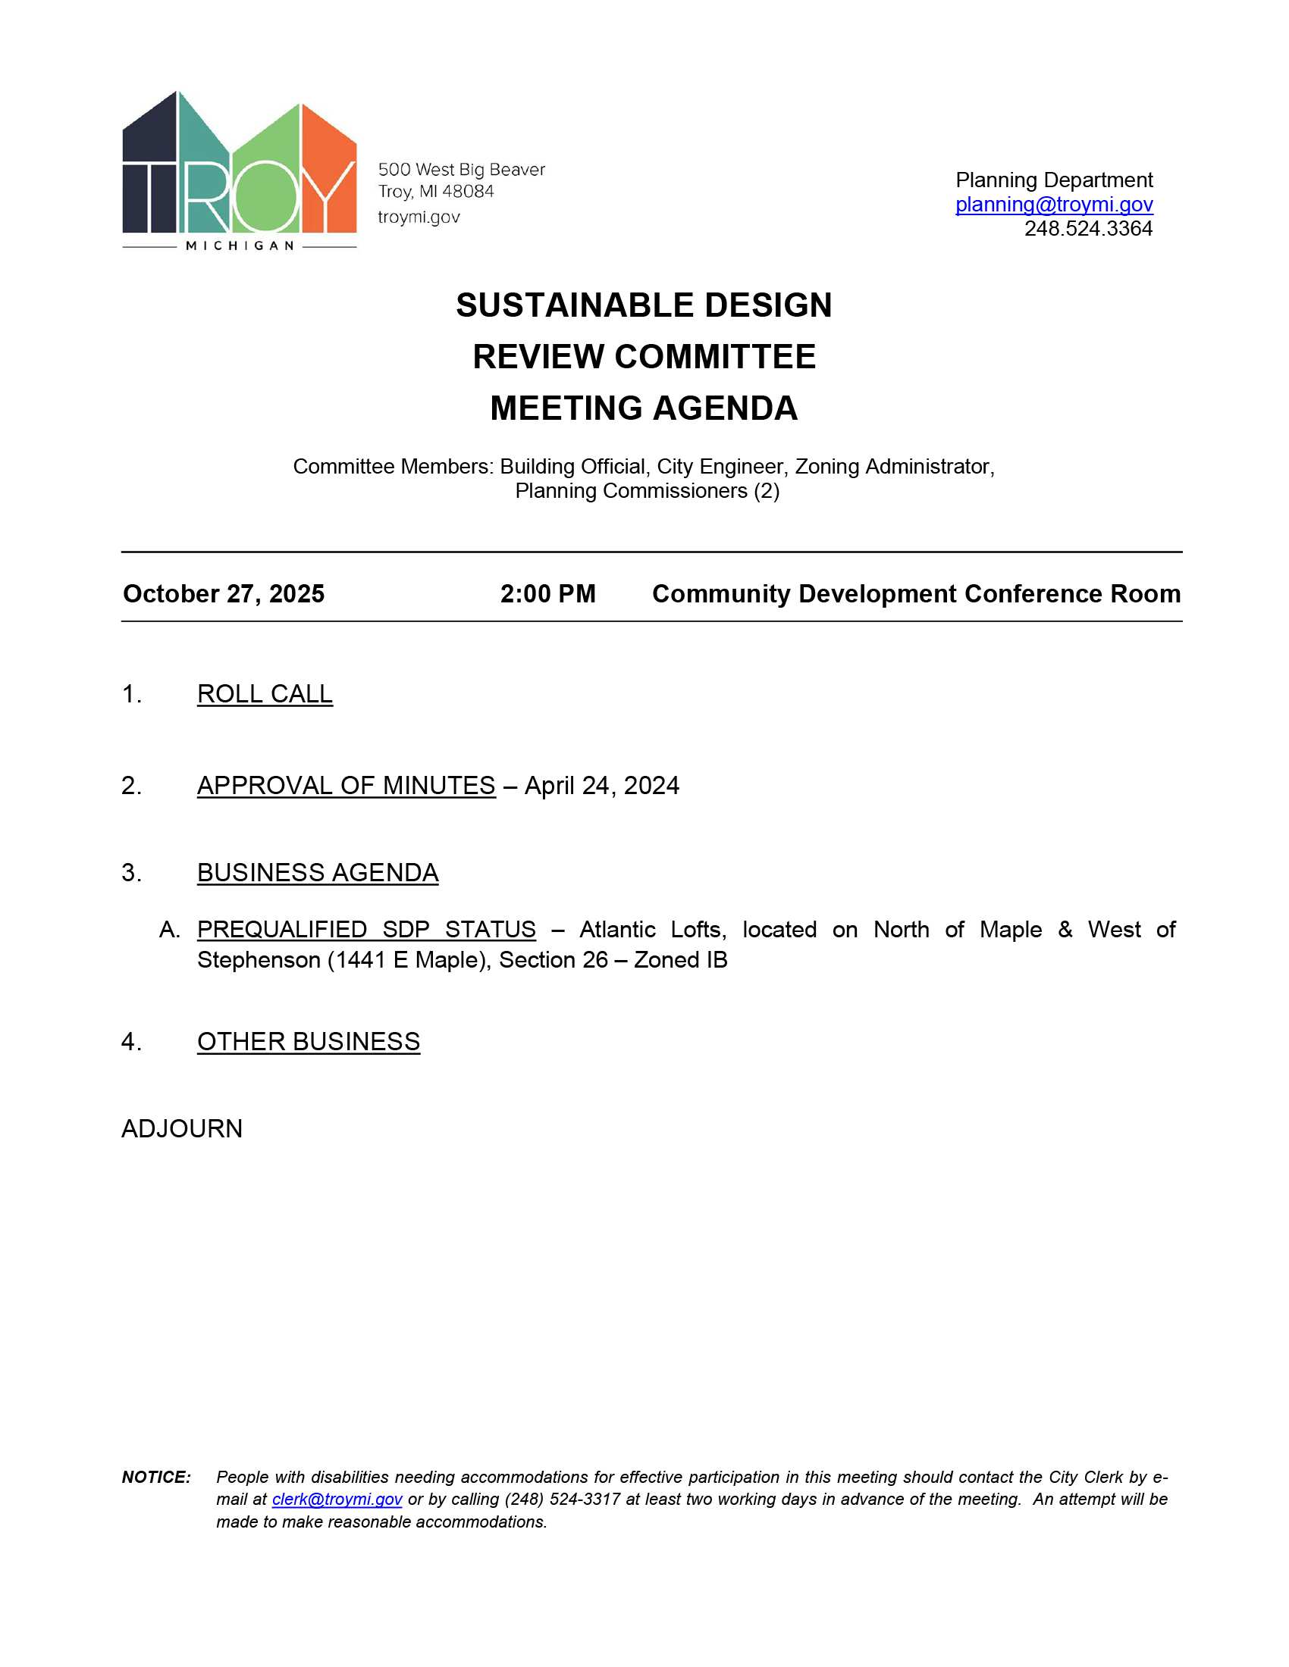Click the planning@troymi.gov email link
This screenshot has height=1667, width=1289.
1053,205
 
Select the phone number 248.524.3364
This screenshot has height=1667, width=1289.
1087,229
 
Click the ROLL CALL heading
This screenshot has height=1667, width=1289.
264,694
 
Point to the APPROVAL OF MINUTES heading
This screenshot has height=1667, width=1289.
346,786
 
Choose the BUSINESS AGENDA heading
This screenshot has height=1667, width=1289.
318,872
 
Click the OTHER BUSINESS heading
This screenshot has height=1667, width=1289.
309,1042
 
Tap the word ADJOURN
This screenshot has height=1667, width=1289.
182,1129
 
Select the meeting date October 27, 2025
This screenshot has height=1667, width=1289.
224,594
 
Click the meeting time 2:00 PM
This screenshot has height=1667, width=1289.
547,594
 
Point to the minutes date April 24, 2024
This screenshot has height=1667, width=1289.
602,786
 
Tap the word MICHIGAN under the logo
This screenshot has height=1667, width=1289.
240,246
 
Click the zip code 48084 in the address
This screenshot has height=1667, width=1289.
468,192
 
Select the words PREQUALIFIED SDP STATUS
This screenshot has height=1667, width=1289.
366,930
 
